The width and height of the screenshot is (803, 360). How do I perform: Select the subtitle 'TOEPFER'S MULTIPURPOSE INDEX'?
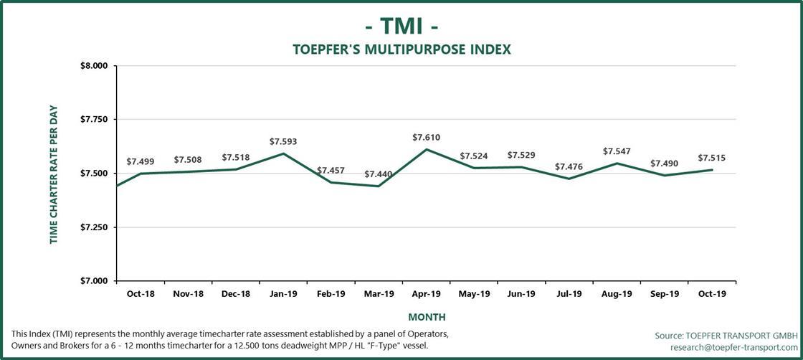pyautogui.click(x=401, y=49)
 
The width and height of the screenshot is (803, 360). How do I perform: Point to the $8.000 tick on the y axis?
pyautogui.click(x=92, y=66)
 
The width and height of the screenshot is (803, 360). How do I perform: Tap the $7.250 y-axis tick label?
pyautogui.click(x=92, y=227)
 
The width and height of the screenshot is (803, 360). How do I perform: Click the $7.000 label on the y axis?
pyautogui.click(x=92, y=281)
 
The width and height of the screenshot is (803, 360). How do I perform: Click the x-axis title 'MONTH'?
pyautogui.click(x=427, y=316)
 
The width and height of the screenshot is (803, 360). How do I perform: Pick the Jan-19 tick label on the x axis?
pyautogui.click(x=283, y=294)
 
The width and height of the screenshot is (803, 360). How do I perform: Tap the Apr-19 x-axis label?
pyautogui.click(x=427, y=294)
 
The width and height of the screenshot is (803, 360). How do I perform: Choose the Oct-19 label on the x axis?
pyautogui.click(x=712, y=294)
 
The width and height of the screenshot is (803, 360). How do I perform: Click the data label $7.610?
pyautogui.click(x=426, y=137)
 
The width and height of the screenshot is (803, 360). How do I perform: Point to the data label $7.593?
pyautogui.click(x=283, y=142)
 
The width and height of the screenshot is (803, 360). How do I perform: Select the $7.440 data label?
pyautogui.click(x=378, y=174)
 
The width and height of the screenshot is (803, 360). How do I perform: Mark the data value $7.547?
pyautogui.click(x=617, y=151)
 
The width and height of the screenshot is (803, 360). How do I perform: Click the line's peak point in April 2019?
pyautogui.click(x=427, y=149)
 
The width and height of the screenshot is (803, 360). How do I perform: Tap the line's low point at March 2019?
pyautogui.click(x=379, y=186)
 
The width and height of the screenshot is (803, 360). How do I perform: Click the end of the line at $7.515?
pyautogui.click(x=712, y=170)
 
